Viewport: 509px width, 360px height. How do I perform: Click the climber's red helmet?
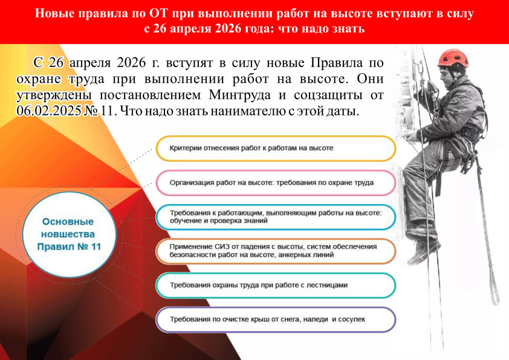453,59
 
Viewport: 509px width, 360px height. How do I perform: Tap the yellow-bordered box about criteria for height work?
276,148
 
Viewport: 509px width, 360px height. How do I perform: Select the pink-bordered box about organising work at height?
276,183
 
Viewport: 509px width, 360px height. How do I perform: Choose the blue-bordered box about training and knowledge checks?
276,217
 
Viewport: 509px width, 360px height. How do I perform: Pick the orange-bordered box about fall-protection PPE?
276,251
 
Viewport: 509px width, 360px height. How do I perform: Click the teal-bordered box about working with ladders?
276,285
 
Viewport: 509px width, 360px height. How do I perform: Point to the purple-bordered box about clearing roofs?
276,319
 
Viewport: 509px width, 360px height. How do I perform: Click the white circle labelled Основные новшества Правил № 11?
69,234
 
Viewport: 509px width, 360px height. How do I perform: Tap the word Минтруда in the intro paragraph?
240,95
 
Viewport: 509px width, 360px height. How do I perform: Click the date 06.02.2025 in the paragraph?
49,111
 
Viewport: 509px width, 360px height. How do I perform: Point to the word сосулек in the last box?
352,319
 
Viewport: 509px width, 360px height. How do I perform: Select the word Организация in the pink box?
190,183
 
